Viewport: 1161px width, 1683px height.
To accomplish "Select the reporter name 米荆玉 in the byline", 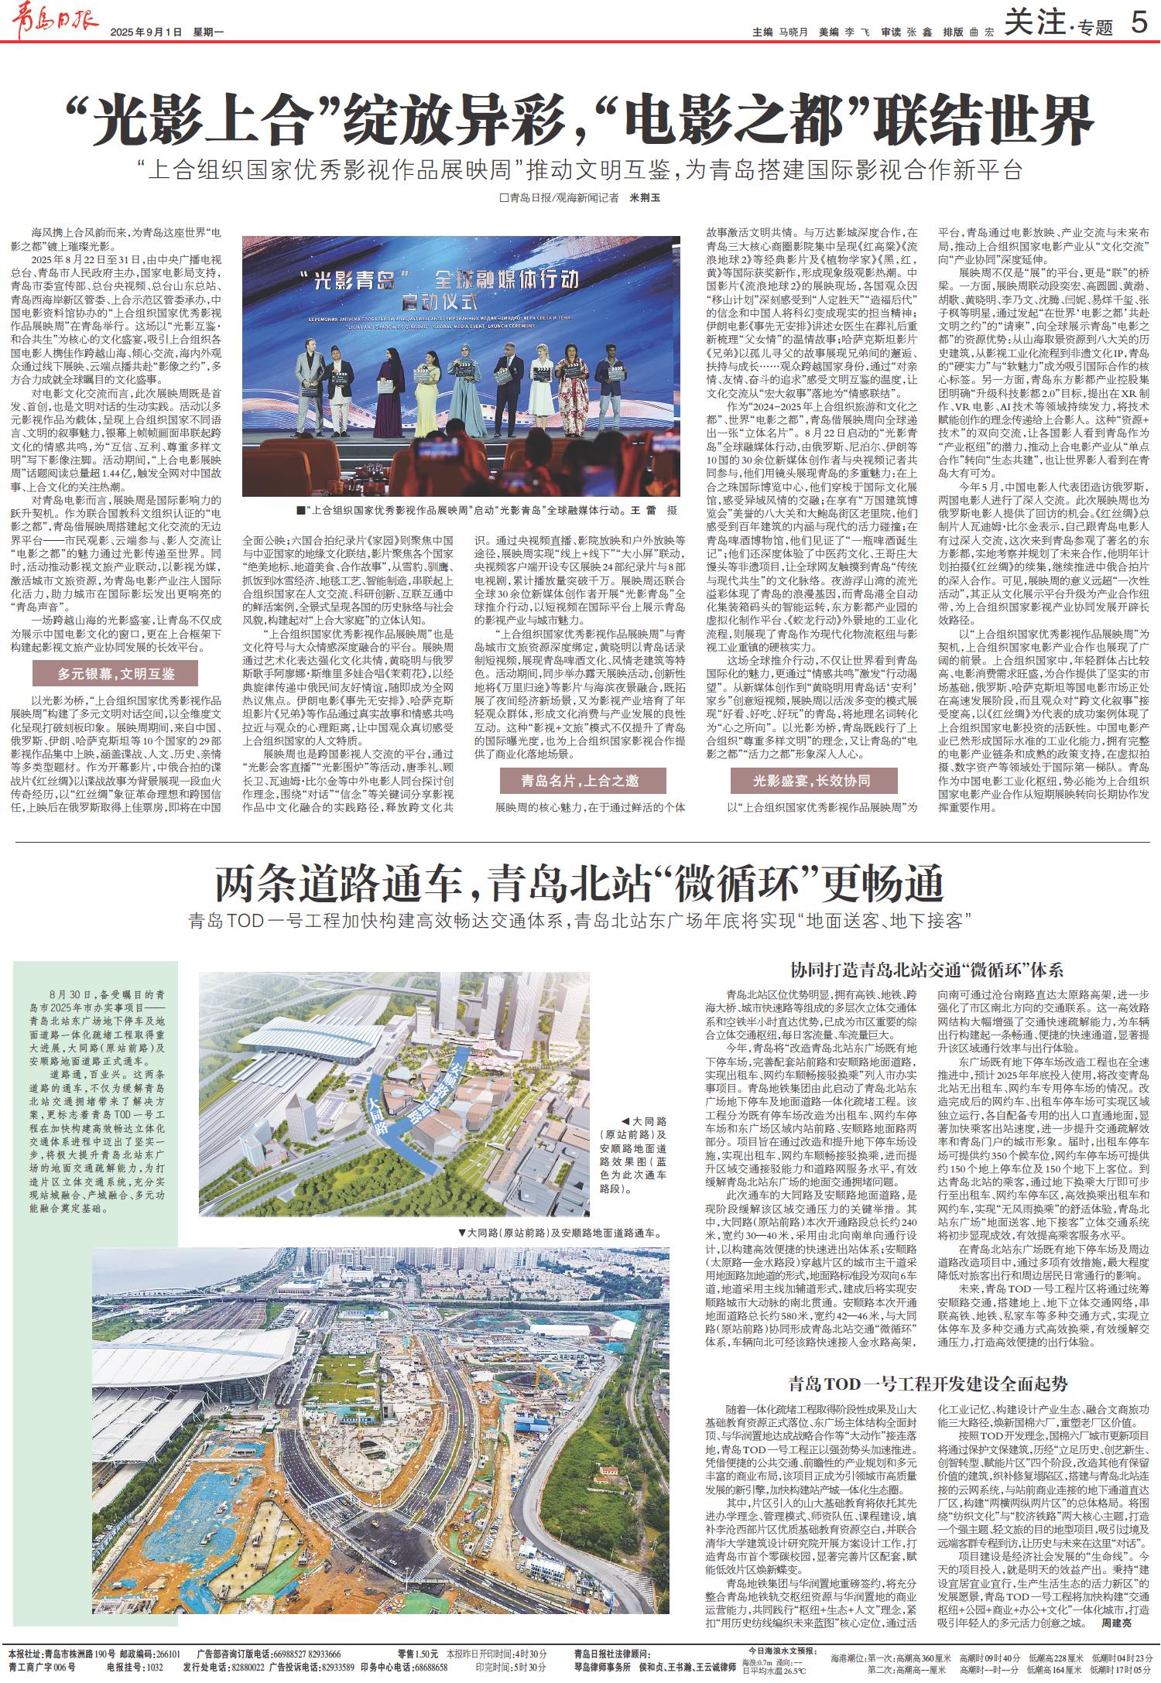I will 646,198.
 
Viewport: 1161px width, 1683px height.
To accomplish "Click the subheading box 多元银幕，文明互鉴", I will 115,674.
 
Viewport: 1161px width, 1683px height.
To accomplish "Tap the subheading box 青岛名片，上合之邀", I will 580,781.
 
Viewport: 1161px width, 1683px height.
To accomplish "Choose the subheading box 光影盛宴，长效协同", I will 812,781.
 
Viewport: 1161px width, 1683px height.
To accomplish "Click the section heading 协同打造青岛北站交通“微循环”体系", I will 926,970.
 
